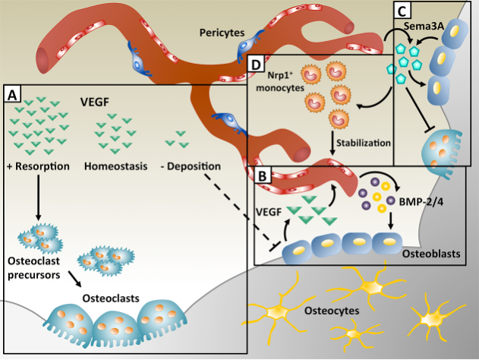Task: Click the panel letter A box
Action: (13, 94)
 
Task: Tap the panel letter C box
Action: (403, 10)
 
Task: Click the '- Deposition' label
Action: (193, 166)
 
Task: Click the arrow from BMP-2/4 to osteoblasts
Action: (390, 221)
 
